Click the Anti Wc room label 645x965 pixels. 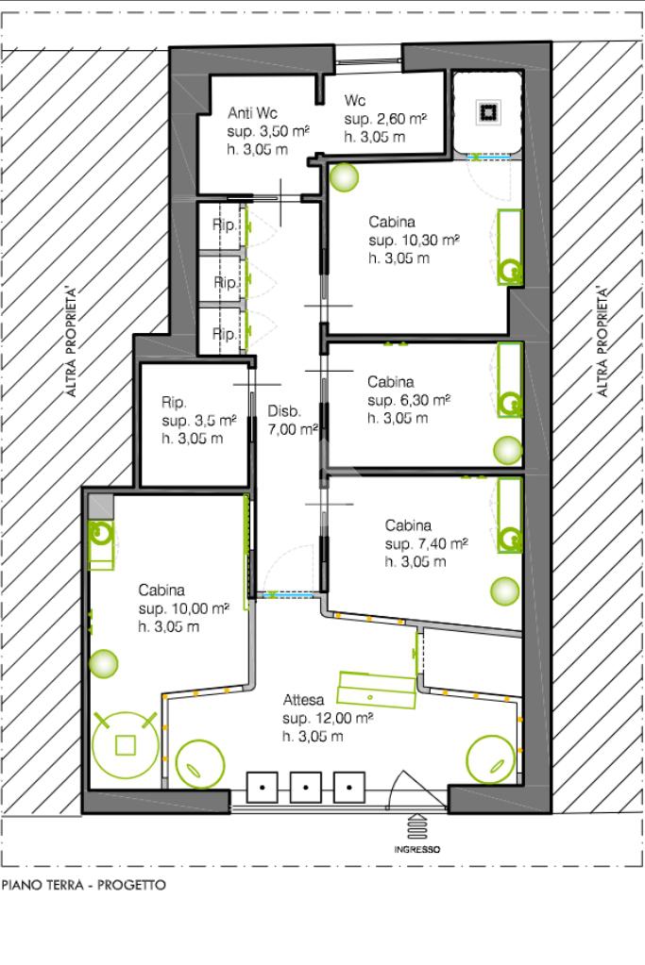[x=252, y=113]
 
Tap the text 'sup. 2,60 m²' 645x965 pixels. [x=385, y=119]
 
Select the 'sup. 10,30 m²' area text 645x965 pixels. [x=414, y=240]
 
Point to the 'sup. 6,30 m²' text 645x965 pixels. [x=409, y=400]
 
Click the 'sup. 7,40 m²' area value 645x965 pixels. [x=426, y=544]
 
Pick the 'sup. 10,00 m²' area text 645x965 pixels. [x=183, y=608]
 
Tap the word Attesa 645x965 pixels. [x=303, y=700]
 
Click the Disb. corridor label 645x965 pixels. [x=284, y=411]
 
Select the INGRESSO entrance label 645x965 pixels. [x=417, y=849]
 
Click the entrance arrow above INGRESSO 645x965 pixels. [x=417, y=826]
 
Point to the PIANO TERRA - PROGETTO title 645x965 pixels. [x=84, y=885]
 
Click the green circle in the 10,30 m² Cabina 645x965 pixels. [x=343, y=177]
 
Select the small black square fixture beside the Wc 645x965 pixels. [x=488, y=112]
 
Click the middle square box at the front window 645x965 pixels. [x=306, y=787]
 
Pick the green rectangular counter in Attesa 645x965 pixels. [x=377, y=690]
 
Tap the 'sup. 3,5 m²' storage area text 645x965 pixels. [x=199, y=421]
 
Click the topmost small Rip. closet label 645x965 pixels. [x=224, y=225]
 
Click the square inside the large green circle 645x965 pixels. [x=126, y=744]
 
